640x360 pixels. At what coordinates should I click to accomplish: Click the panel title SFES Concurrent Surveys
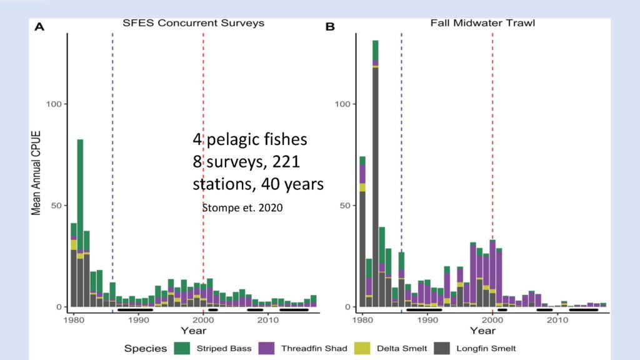193,23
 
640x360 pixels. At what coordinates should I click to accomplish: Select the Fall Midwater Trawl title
482,23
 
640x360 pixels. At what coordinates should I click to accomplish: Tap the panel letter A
39,27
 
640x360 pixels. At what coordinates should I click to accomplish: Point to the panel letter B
330,27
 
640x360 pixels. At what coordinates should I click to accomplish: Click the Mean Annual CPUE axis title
36,173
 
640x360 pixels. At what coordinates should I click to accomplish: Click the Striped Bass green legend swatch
182,348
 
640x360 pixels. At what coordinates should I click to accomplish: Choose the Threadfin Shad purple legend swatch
266,348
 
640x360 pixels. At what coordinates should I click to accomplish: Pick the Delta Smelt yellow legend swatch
362,348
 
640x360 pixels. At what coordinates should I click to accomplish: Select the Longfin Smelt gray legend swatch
442,348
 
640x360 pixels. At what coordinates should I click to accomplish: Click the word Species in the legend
146,349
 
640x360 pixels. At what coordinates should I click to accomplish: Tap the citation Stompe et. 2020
242,207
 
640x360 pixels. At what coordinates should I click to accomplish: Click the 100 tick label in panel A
54,104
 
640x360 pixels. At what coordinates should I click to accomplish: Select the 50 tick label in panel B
345,205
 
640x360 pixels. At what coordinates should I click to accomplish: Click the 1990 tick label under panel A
138,319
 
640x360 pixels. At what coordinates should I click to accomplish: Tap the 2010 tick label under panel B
557,319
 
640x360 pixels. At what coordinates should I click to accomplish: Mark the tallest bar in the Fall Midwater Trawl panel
376,174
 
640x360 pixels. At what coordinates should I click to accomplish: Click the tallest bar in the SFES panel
80,223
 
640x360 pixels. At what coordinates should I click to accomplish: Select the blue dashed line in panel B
402,170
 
